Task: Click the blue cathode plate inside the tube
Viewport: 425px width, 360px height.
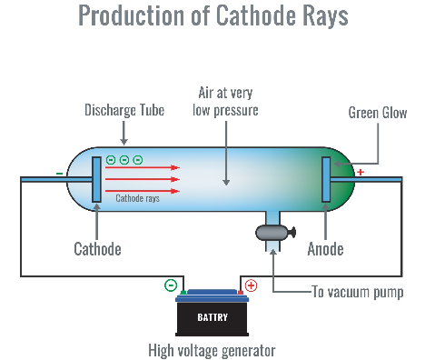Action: tap(96, 179)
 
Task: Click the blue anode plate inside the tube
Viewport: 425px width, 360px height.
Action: tap(326, 179)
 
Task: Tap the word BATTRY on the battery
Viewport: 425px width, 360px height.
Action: tap(212, 317)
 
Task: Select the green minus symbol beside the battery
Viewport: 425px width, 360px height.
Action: tap(171, 285)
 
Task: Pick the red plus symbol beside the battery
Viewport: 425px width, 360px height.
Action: tap(251, 285)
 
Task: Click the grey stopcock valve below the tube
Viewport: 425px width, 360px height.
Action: tap(275, 233)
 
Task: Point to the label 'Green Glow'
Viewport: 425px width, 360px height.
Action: tap(378, 113)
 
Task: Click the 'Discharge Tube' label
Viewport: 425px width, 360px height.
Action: tap(124, 110)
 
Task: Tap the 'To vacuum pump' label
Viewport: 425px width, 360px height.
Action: tap(358, 292)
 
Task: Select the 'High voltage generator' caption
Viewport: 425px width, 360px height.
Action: tap(212, 351)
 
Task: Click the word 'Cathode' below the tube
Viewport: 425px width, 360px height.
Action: tap(97, 249)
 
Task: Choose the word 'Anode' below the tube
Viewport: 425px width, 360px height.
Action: tap(325, 249)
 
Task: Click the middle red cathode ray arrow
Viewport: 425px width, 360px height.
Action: tap(143, 179)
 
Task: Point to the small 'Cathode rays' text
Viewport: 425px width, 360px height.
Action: tap(137, 198)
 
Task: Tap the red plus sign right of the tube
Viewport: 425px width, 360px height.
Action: tap(361, 172)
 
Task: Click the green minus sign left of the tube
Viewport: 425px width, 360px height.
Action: tap(60, 174)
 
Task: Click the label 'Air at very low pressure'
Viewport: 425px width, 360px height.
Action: tap(225, 102)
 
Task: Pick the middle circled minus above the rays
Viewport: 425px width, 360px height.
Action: tap(124, 160)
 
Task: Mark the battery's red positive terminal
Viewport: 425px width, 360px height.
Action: tap(240, 293)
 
